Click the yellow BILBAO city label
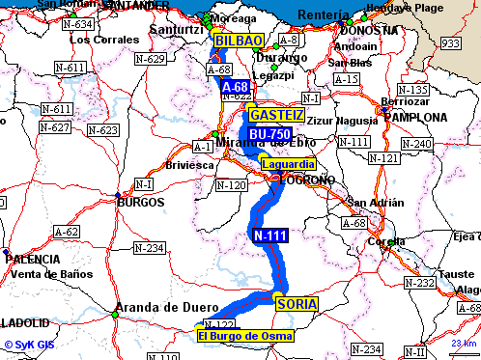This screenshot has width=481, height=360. (238, 41)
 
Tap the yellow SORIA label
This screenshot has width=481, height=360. (297, 305)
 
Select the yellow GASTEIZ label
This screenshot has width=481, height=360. (276, 115)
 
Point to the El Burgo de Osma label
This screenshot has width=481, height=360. (244, 336)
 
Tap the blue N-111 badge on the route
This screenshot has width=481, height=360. (270, 235)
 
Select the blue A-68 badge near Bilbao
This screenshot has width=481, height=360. (236, 87)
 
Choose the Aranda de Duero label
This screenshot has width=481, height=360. (161, 308)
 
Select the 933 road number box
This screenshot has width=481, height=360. (450, 43)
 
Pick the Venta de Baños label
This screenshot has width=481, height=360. (50, 274)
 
